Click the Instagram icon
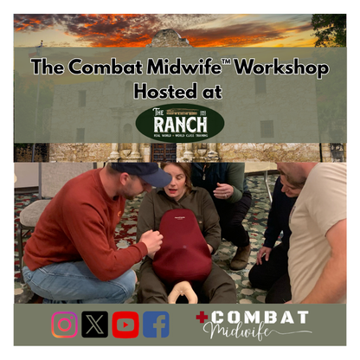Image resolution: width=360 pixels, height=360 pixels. point(65,325)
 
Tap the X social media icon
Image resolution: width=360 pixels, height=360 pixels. point(95,325)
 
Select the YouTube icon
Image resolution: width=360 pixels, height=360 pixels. point(125,325)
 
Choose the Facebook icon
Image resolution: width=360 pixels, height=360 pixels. point(156,325)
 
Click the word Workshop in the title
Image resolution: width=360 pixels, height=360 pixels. point(281,67)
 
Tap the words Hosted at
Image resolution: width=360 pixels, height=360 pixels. point(179,91)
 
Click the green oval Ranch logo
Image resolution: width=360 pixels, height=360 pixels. point(180,123)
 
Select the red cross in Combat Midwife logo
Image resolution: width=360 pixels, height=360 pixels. point(202,318)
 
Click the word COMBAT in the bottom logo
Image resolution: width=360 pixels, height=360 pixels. point(260,318)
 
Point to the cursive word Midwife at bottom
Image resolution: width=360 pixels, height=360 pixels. point(251,333)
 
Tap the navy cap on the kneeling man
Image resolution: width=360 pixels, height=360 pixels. point(149,172)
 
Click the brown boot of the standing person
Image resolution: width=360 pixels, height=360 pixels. point(241,256)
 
